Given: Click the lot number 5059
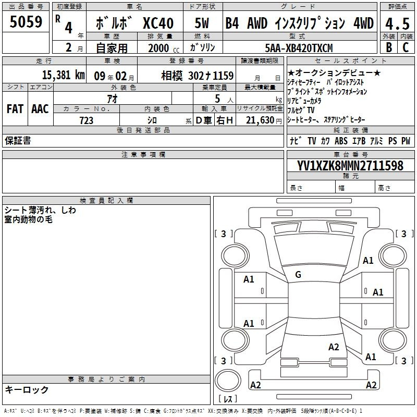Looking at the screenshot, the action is (26, 22).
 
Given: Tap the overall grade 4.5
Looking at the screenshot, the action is (397, 23).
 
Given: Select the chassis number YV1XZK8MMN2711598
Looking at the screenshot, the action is (350, 166).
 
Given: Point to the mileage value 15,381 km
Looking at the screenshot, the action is (63, 75).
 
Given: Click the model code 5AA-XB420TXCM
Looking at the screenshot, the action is (299, 48).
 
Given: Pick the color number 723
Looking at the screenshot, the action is (87, 120).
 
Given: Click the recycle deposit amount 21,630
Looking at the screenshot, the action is (260, 120).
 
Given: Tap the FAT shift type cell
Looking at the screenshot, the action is (15, 109).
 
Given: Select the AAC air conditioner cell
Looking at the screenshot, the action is (40, 109).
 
